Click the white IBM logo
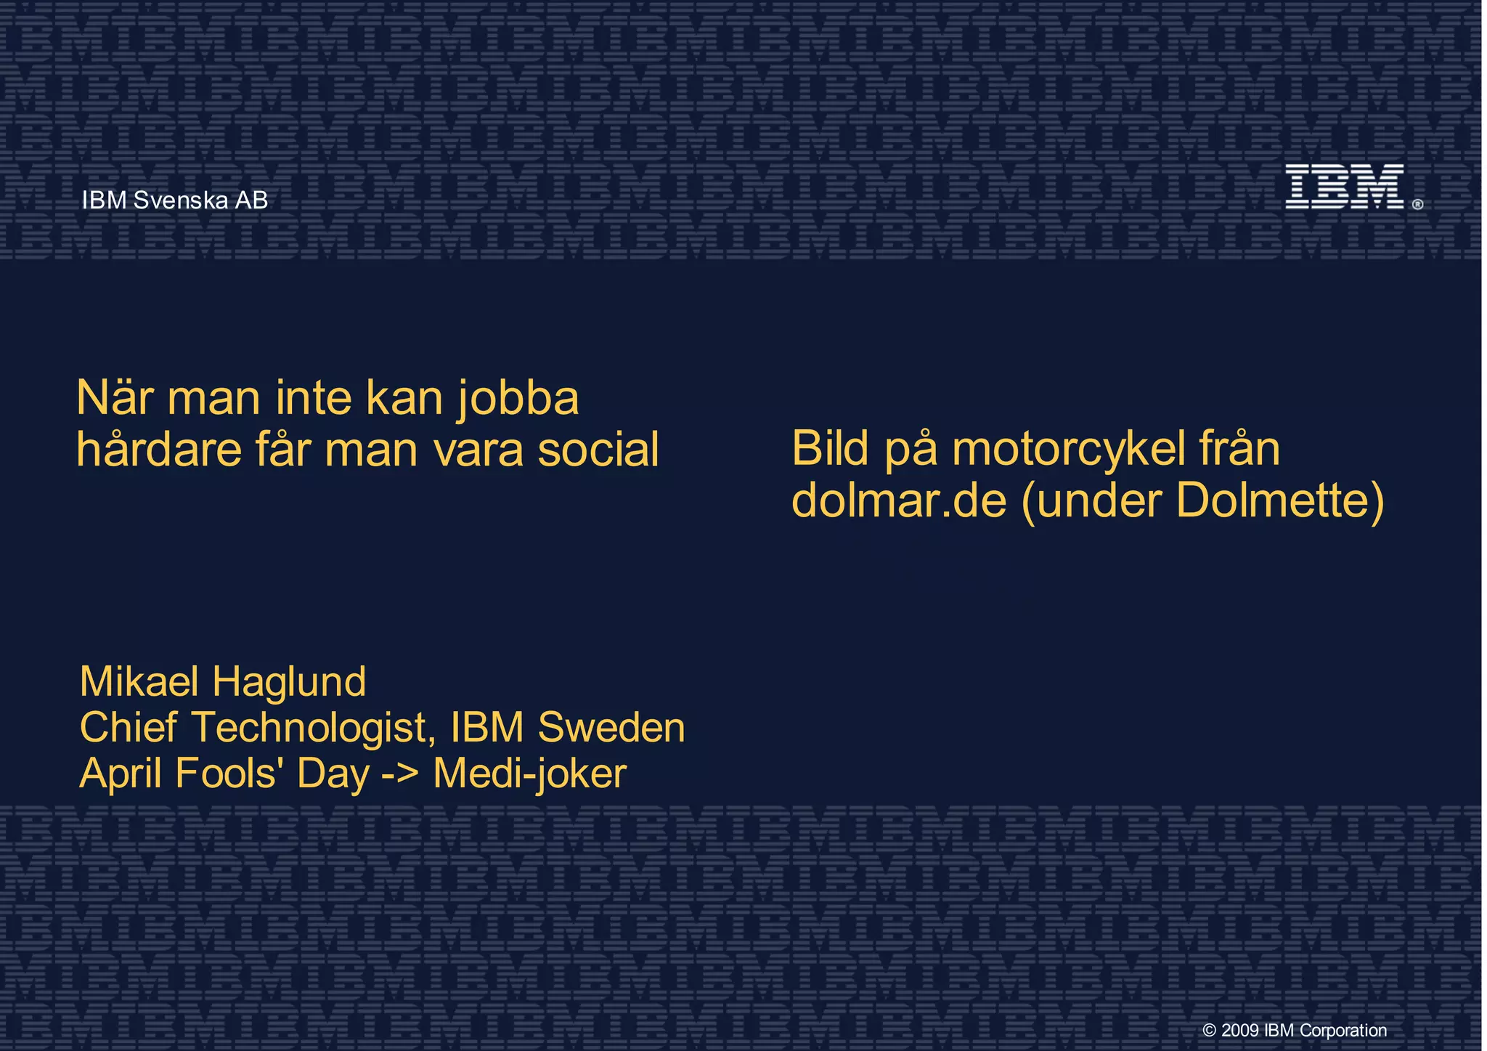(1344, 187)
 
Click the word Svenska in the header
(181, 200)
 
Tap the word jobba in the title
(518, 399)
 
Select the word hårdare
(159, 450)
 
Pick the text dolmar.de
(899, 500)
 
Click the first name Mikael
(139, 682)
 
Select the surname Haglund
(289, 682)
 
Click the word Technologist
(313, 728)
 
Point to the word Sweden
(611, 728)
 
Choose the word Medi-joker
(529, 774)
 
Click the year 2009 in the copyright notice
(1240, 1030)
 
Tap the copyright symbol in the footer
(1210, 1031)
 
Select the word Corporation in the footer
(1343, 1030)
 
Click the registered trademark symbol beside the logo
(1417, 205)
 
